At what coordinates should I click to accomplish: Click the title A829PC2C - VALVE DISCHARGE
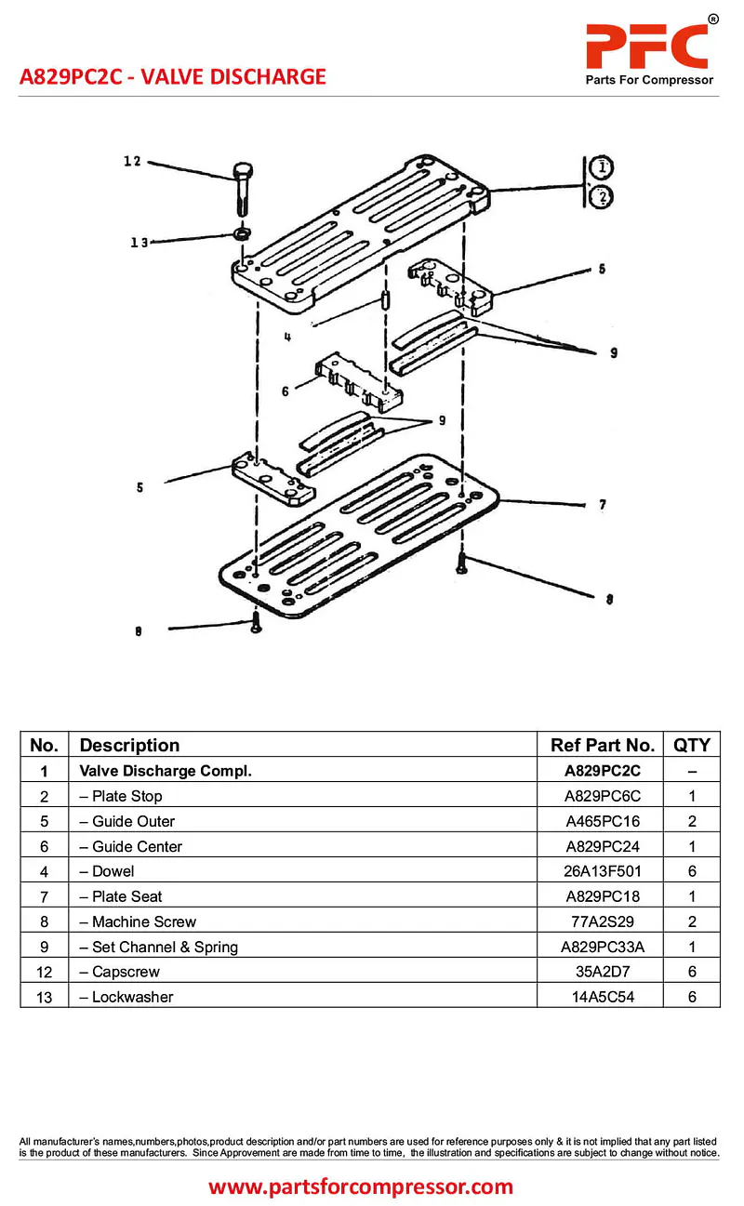[x=173, y=76]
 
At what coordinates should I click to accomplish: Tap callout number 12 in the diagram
[x=132, y=162]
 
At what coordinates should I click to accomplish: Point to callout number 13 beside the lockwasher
[x=139, y=243]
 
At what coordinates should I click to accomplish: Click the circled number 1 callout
[x=602, y=168]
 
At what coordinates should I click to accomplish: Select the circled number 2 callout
[x=602, y=196]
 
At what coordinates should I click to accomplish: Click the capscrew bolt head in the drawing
[x=242, y=171]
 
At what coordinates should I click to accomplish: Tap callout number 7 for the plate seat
[x=603, y=505]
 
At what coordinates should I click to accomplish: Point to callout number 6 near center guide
[x=285, y=391]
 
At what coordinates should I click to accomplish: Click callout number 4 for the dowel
[x=287, y=338]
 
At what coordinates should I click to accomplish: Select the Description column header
[x=129, y=745]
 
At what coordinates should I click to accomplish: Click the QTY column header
[x=691, y=745]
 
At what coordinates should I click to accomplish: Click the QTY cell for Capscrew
[x=691, y=972]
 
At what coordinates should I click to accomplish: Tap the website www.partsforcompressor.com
[x=361, y=1186]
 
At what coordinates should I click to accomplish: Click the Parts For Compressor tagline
[x=649, y=80]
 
